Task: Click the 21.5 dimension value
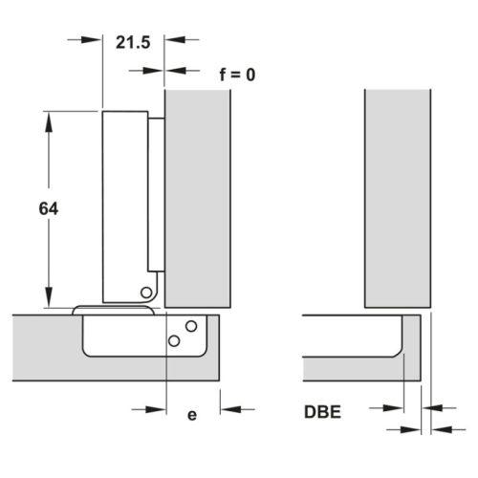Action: coord(133,42)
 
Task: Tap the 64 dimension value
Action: coord(49,208)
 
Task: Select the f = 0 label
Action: coord(237,75)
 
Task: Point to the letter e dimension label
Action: coord(192,415)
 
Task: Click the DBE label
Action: coord(322,412)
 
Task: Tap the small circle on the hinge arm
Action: coord(146,293)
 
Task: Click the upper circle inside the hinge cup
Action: coord(191,326)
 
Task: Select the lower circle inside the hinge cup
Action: coord(174,341)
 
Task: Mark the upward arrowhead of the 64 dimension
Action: coord(49,121)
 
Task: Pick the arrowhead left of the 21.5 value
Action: coord(92,40)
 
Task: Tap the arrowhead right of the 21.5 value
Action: coord(175,40)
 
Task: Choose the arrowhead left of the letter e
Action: coord(156,409)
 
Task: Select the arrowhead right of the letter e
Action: coord(230,409)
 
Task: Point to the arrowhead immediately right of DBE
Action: coord(393,408)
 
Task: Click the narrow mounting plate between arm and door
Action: coord(157,195)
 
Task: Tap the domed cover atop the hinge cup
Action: coord(114,310)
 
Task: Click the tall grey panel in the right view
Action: coord(398,199)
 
